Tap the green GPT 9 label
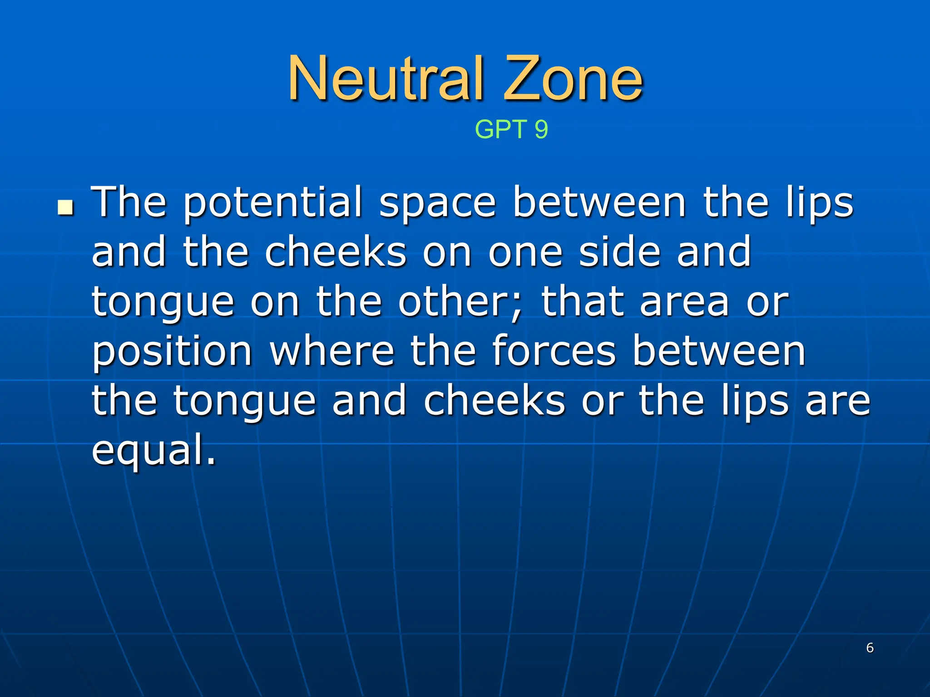pyautogui.click(x=511, y=129)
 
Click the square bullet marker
pyautogui.click(x=66, y=208)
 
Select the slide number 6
pyautogui.click(x=870, y=648)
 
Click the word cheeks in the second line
pyautogui.click(x=336, y=252)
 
